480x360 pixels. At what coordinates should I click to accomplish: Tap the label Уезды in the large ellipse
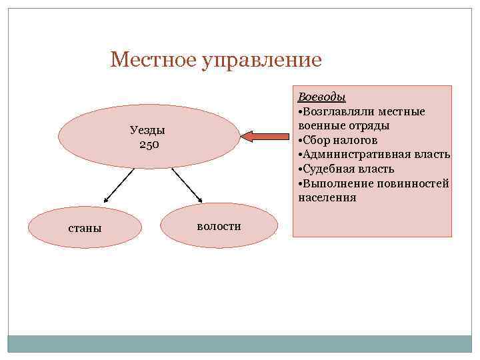pyautogui.click(x=148, y=130)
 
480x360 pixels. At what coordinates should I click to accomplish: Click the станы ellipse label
pyautogui.click(x=85, y=228)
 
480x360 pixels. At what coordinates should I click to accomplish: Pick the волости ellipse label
pyautogui.click(x=219, y=226)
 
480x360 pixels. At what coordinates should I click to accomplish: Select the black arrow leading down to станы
pyautogui.click(x=119, y=185)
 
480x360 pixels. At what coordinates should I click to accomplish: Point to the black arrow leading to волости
pyautogui.click(x=187, y=185)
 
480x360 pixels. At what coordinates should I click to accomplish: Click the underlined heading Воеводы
pyautogui.click(x=321, y=97)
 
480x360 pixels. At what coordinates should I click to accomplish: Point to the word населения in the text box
pyautogui.click(x=327, y=198)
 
